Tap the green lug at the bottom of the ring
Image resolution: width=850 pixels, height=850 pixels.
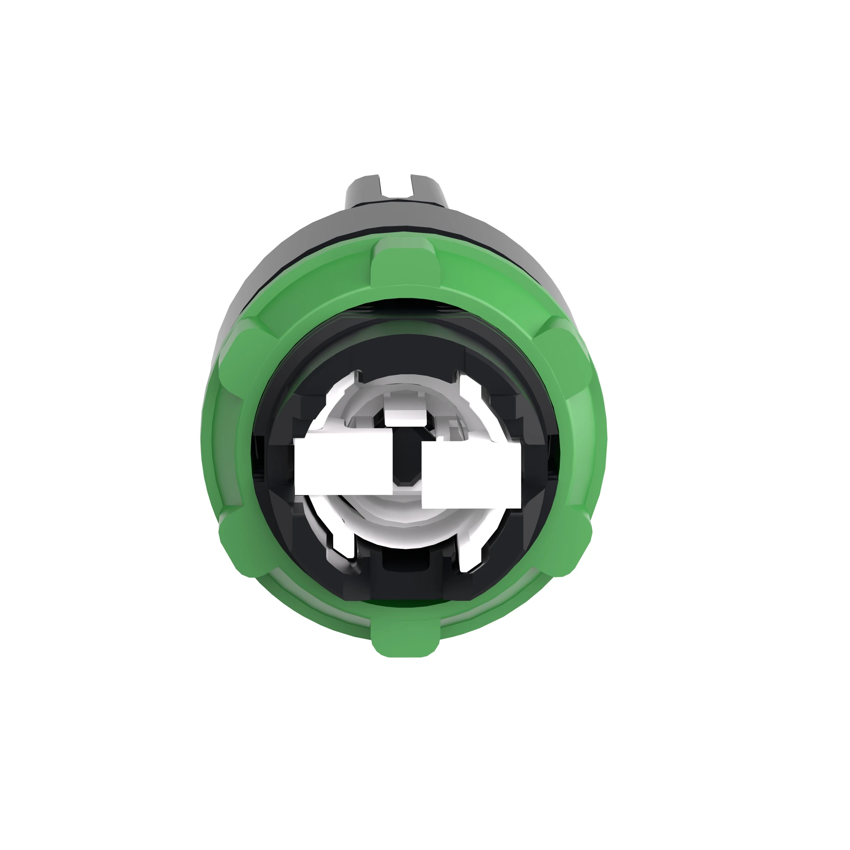click(405, 637)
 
